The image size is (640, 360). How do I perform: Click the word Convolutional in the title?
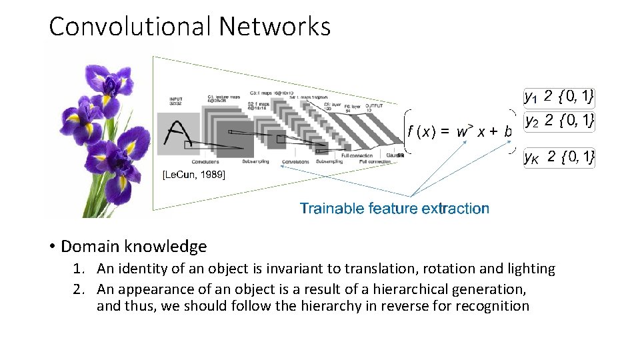130,27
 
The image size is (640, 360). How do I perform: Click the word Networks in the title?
275,27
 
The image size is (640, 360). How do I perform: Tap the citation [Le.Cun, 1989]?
194,175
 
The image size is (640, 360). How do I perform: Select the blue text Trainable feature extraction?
394,209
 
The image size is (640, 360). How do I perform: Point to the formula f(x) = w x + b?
459,131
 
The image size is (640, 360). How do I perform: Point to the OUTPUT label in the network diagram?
375,105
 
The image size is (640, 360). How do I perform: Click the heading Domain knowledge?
133,247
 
